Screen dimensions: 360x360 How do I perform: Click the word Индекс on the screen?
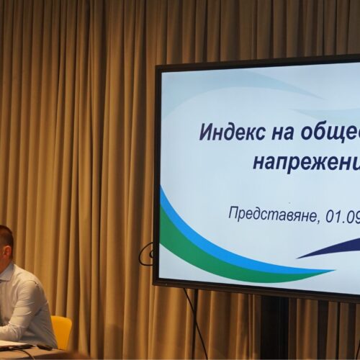click(x=228, y=134)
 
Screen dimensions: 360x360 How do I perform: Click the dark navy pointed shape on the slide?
click(x=331, y=249)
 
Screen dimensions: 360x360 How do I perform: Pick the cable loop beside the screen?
click(x=148, y=253)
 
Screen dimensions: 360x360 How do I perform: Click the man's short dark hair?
click(x=6, y=234)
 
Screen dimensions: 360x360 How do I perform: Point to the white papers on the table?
click(x=11, y=345)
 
